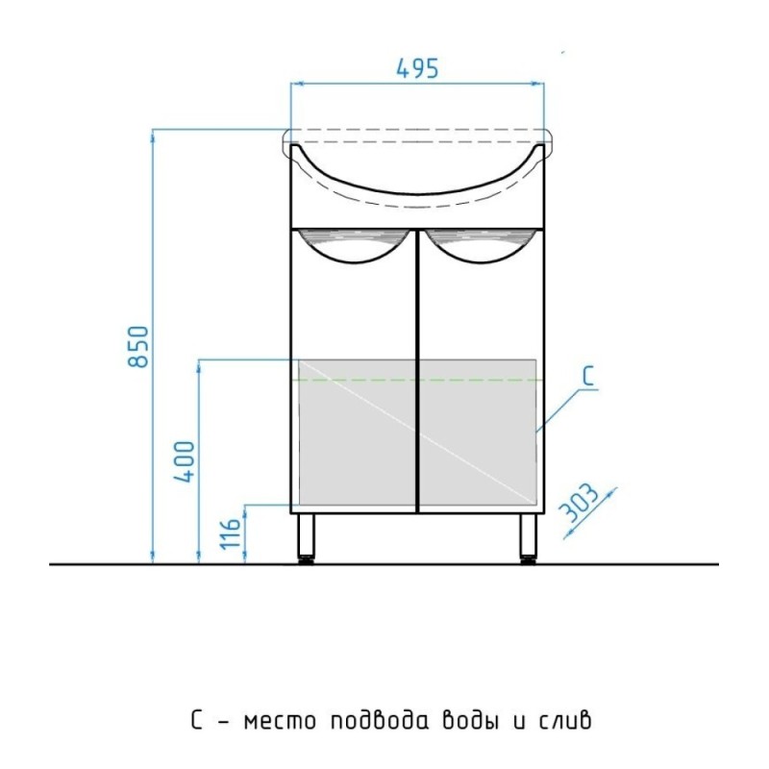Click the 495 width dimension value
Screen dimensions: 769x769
(417, 68)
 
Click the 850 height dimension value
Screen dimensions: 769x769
(137, 346)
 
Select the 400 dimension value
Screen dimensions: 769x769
(186, 461)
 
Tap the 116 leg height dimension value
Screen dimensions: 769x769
(231, 533)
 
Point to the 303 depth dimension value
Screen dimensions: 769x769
(579, 503)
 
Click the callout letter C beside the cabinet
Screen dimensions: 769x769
(588, 376)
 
